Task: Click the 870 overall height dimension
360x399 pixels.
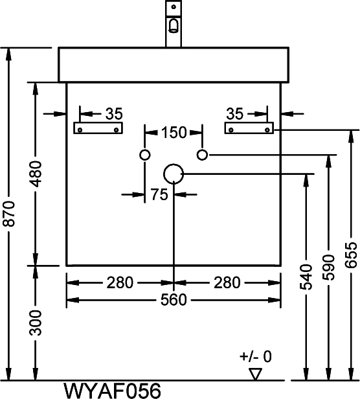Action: (11, 214)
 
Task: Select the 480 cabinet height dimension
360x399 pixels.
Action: (35, 174)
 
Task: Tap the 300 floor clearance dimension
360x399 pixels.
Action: (35, 323)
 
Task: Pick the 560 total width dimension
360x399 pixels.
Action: (174, 300)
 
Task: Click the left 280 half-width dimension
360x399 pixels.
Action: (120, 282)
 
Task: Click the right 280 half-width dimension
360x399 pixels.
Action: (227, 282)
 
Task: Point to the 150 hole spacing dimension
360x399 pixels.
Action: (174, 133)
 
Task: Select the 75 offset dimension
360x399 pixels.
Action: (159, 195)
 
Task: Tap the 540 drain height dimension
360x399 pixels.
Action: (306, 277)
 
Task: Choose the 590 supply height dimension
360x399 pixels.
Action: (328, 267)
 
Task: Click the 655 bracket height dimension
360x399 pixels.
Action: (351, 255)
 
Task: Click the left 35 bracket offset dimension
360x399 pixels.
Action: (114, 114)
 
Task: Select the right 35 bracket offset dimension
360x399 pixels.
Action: (235, 114)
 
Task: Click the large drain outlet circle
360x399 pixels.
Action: (174, 164)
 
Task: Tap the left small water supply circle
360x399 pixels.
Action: (145, 150)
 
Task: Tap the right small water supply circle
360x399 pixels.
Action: (202, 150)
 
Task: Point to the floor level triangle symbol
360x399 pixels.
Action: (256, 369)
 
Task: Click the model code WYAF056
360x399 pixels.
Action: (112, 391)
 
